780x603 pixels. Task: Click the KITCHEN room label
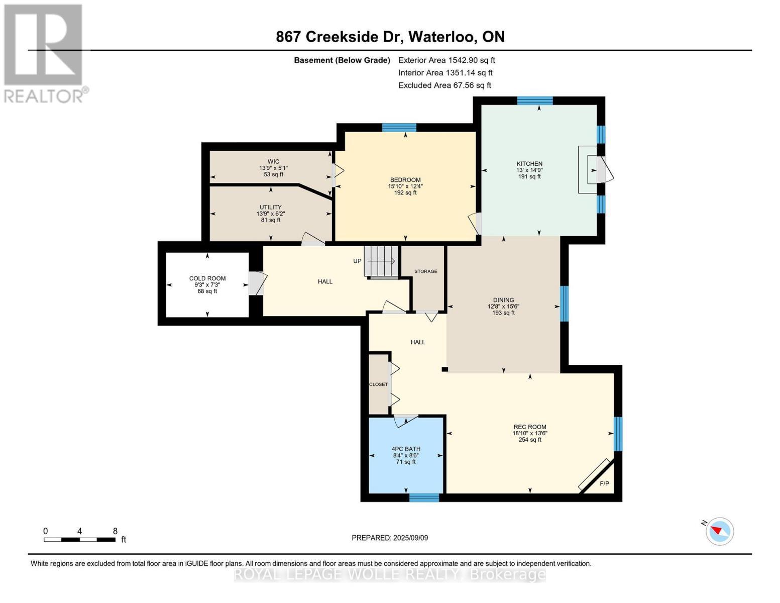[529, 164]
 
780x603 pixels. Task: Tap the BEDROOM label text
[405, 180]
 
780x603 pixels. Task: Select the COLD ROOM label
[207, 278]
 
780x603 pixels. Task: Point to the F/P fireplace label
[605, 484]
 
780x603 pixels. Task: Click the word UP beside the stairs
[357, 261]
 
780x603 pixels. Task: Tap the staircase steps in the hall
[381, 261]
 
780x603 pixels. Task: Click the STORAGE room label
[426, 271]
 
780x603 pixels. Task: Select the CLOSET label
[378, 384]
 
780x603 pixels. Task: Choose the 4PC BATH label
[406, 449]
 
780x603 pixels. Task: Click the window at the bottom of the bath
[424, 498]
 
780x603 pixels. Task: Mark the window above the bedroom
[399, 128]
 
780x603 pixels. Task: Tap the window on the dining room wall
[564, 304]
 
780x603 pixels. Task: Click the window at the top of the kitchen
[535, 100]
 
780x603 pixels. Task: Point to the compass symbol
[719, 531]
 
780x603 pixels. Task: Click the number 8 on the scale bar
[115, 531]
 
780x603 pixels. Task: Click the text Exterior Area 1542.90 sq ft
[447, 60]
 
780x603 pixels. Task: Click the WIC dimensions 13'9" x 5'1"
[274, 168]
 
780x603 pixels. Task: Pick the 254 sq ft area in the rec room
[530, 439]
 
